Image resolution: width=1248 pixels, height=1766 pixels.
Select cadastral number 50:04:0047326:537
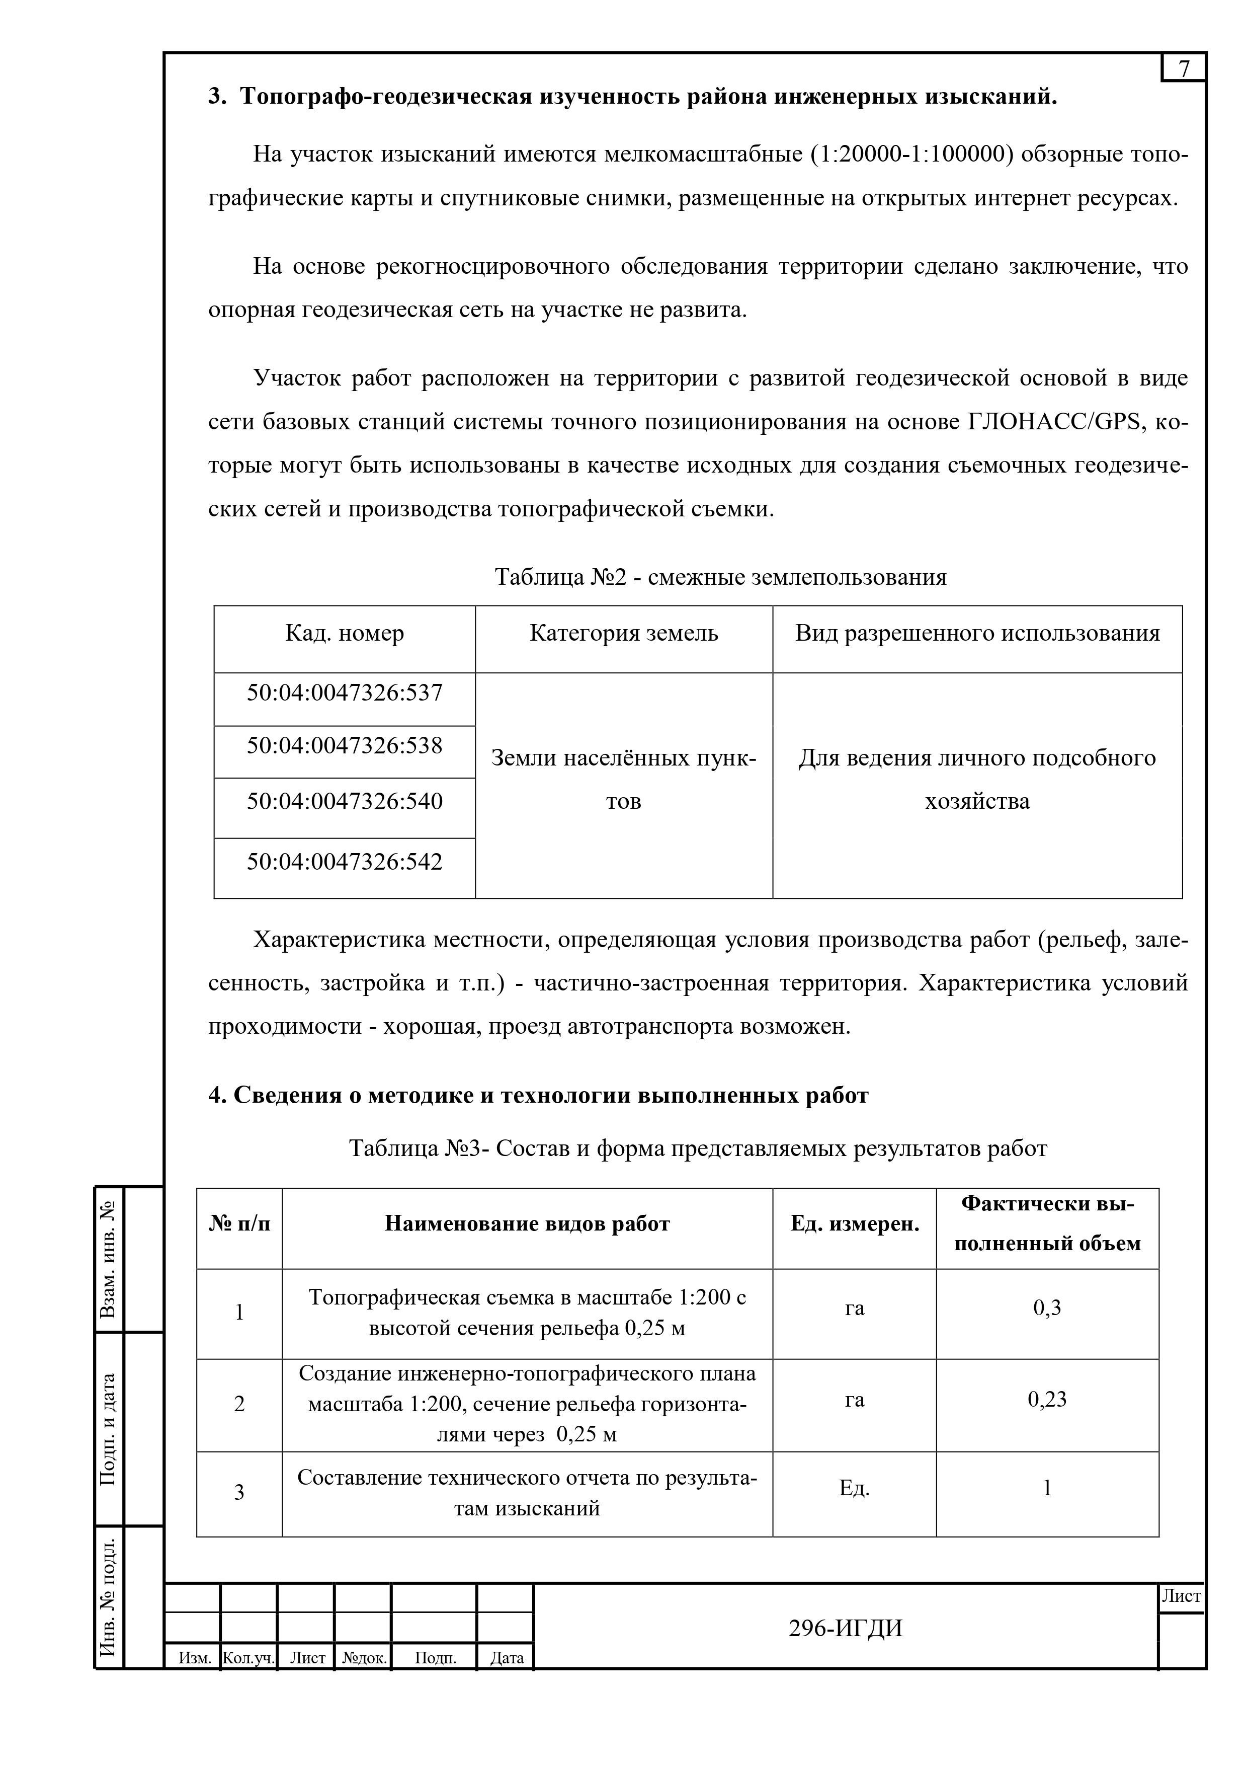click(x=345, y=693)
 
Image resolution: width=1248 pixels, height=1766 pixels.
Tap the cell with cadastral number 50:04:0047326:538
click(x=345, y=745)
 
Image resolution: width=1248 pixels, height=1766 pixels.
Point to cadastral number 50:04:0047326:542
click(x=345, y=862)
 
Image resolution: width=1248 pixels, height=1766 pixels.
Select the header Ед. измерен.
click(x=854, y=1224)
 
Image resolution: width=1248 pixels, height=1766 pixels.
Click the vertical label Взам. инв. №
click(x=109, y=1258)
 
